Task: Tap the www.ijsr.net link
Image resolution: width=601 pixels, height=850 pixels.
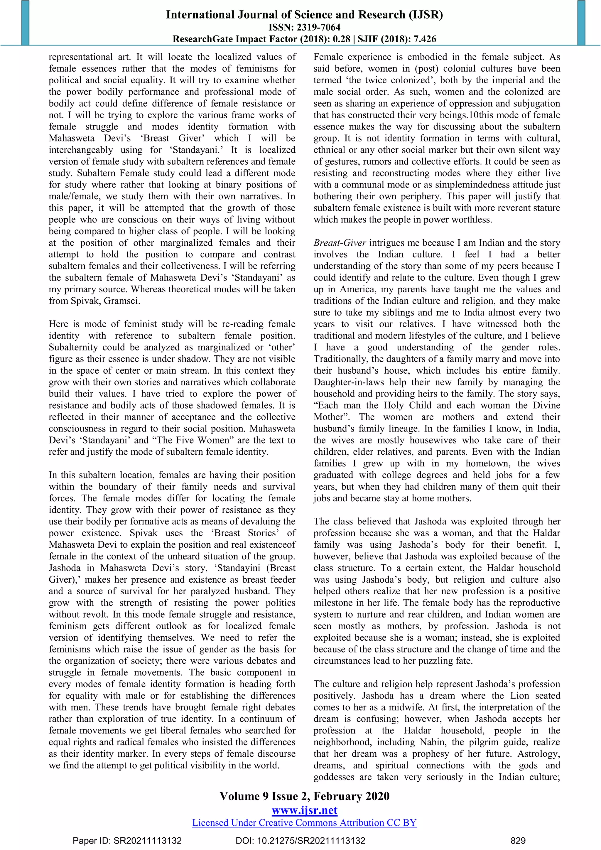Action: (x=304, y=810)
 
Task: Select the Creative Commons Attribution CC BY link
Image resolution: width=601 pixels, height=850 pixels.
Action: (x=304, y=823)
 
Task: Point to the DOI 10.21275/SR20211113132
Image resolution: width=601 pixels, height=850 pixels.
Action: (x=300, y=840)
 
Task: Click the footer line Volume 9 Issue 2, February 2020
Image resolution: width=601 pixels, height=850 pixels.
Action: (x=304, y=796)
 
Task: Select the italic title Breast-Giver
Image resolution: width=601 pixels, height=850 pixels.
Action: (x=340, y=243)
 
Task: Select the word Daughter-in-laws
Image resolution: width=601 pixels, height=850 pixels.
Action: (x=343, y=382)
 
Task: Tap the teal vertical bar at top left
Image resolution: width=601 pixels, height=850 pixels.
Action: (x=25, y=23)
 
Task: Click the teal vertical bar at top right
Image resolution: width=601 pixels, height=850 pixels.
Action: (x=581, y=23)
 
